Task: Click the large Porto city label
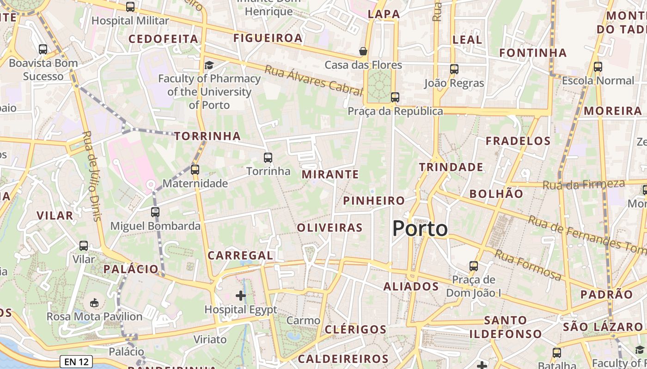point(420,229)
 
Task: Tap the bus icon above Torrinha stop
point(268,158)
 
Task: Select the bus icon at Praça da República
point(395,97)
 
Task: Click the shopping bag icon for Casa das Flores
point(363,51)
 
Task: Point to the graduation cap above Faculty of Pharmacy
point(209,65)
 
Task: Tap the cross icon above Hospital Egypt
point(241,295)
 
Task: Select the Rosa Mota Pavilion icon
point(94,303)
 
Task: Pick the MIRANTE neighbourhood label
point(330,174)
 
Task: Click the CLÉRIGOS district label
point(355,329)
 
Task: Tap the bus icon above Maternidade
point(195,170)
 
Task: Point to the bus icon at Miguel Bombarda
point(155,212)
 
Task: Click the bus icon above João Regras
point(454,69)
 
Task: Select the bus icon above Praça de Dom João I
point(474,266)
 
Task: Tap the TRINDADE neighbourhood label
point(451,167)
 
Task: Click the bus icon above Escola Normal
point(598,67)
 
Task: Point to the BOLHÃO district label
point(496,194)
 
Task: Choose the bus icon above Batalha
point(557,353)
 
